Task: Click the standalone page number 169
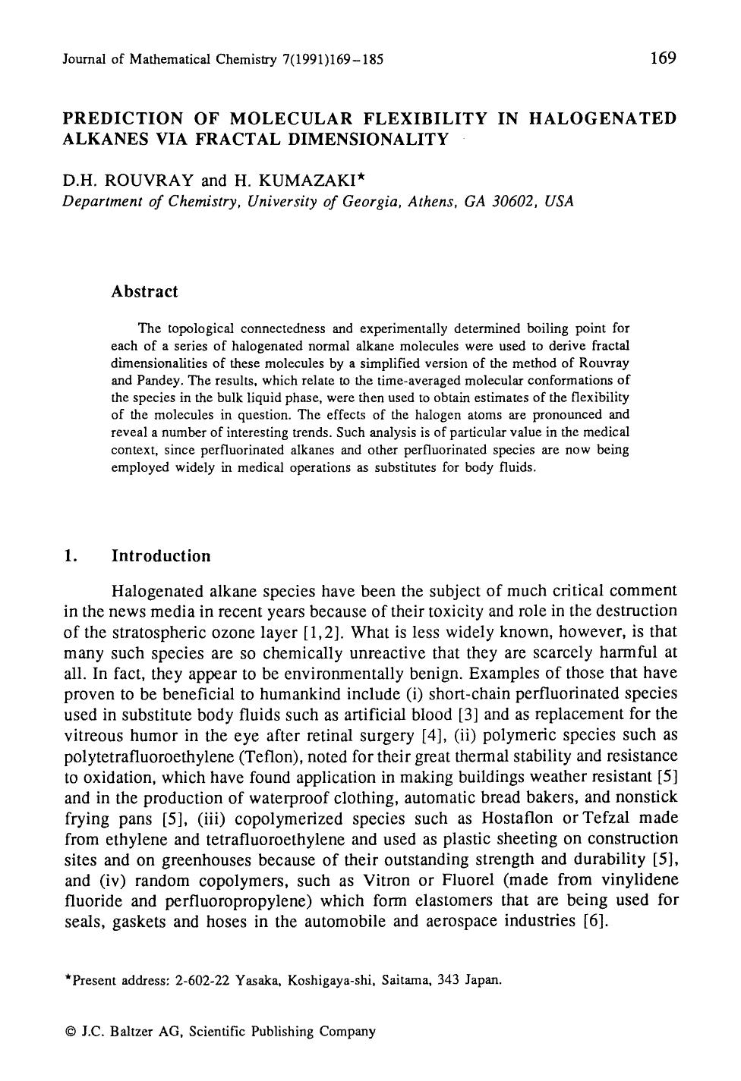[663, 58]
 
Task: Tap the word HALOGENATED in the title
[601, 118]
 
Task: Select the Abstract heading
[144, 292]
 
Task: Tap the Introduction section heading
[161, 556]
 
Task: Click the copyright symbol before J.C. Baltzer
[71, 1032]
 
